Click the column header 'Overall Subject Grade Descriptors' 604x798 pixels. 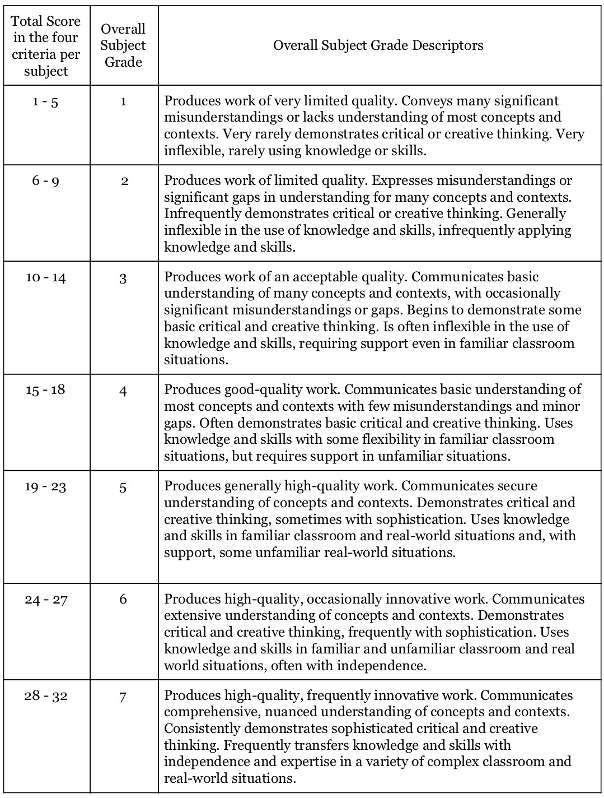tap(378, 45)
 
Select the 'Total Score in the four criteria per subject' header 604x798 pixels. tap(46, 46)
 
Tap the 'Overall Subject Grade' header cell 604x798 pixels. tap(123, 45)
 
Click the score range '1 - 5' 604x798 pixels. tap(45, 102)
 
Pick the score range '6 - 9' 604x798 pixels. tap(45, 182)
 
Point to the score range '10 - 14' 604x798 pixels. tap(45, 277)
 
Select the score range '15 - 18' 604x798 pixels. tap(45, 390)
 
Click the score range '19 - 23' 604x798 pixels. tap(45, 486)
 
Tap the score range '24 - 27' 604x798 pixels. tap(46, 600)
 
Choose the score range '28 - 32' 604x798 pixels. tap(46, 696)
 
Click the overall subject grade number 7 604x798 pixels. tap(123, 697)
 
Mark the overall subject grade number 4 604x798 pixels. tap(123, 391)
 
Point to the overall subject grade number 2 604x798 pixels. tap(124, 182)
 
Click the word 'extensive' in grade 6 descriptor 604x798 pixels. tap(191, 615)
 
